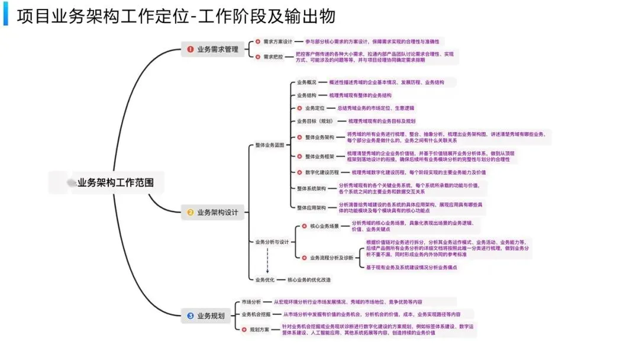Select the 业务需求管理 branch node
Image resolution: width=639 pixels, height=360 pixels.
(x=217, y=50)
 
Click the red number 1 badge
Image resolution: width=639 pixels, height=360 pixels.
(x=191, y=50)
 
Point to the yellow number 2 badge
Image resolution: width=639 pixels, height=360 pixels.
(x=191, y=213)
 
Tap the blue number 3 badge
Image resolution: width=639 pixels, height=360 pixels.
(x=191, y=316)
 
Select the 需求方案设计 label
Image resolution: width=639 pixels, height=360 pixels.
(x=278, y=41)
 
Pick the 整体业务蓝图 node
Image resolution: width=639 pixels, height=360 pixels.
(x=270, y=144)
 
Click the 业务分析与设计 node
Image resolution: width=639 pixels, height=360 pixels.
(x=272, y=242)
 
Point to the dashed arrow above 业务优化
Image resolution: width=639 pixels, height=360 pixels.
(x=267, y=261)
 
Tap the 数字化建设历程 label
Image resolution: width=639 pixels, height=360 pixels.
(x=322, y=172)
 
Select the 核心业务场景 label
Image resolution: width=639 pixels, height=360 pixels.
(x=324, y=226)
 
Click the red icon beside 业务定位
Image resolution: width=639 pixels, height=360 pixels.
(x=300, y=108)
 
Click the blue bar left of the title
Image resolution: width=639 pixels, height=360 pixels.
(x=6, y=16)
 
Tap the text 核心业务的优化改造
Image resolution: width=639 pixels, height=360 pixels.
(x=309, y=279)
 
